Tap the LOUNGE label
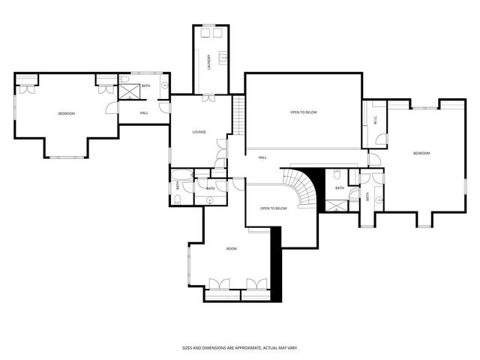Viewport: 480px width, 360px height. [199, 132]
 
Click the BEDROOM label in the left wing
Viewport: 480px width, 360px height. [67, 113]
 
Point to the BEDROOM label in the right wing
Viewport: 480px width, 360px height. [421, 153]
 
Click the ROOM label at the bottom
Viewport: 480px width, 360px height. [232, 248]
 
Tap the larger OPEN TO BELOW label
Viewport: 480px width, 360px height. [304, 112]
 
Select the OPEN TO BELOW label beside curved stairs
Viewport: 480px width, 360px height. [274, 208]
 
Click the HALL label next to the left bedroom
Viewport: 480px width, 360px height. [144, 113]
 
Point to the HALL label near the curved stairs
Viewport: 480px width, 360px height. [262, 157]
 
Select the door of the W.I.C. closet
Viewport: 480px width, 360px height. [380, 139]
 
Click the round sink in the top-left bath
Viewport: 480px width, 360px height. [163, 86]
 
